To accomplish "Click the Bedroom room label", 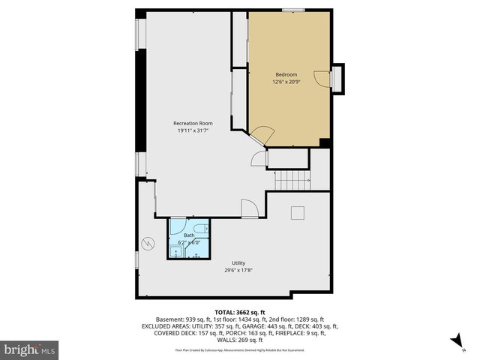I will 286,74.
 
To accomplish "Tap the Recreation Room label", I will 193,123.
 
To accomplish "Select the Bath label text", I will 189,235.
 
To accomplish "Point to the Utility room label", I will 238,263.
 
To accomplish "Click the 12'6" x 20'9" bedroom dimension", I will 286,82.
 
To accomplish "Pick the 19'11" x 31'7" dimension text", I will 193,130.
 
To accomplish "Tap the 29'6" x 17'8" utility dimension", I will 238,271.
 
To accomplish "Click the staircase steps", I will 292,180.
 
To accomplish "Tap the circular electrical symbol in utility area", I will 148,243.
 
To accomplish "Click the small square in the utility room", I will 298,212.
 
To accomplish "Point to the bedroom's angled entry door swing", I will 262,136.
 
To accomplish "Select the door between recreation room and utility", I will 249,208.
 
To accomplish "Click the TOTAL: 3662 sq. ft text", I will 240,312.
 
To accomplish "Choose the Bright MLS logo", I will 30,349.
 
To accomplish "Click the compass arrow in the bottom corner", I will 454,342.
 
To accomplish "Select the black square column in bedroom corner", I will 324,142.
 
